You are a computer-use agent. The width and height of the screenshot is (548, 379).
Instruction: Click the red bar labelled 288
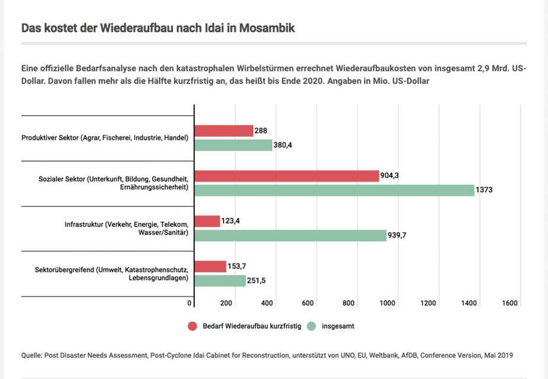point(224,131)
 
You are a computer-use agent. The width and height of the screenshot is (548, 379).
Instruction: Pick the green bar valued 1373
point(334,190)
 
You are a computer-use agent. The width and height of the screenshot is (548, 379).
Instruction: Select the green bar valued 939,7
point(290,235)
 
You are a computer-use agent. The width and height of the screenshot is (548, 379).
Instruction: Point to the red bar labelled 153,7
point(210,266)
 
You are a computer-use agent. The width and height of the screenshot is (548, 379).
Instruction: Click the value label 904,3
point(392,176)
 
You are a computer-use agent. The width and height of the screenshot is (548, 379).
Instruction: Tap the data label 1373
point(485,191)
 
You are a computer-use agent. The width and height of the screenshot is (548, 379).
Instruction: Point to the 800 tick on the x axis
point(348,303)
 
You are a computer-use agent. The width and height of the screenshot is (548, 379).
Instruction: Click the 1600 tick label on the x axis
point(509,303)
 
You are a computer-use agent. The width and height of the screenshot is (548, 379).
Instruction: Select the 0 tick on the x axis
point(190,303)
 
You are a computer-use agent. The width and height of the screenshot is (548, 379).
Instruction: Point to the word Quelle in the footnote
point(33,355)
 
